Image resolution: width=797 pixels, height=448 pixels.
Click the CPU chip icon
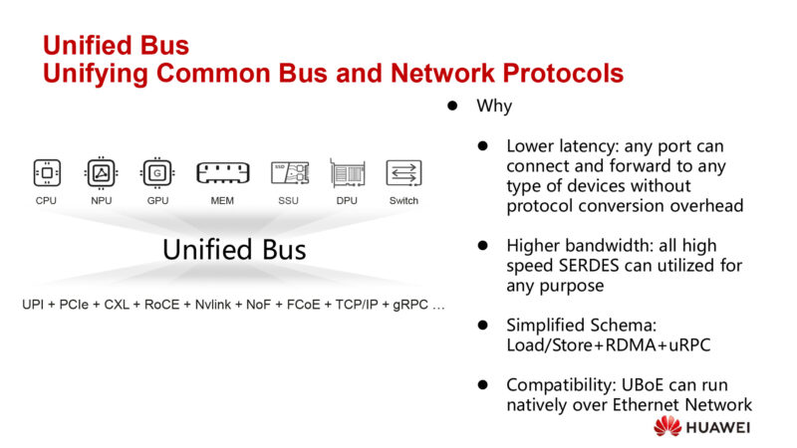pos(46,172)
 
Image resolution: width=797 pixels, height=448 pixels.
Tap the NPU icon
pos(101,172)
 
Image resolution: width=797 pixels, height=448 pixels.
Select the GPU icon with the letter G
pos(156,172)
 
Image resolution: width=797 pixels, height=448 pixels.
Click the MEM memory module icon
pos(222,172)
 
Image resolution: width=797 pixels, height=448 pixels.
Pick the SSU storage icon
pos(289,172)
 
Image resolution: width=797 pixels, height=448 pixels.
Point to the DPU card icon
pos(347,172)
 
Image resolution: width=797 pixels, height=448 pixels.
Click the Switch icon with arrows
pos(403,172)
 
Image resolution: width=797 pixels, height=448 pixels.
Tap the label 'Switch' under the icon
pos(403,201)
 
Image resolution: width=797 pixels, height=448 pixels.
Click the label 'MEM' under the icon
pos(222,201)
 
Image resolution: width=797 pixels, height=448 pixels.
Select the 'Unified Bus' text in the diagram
pos(234,249)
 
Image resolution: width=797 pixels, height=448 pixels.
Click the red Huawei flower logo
pos(667,427)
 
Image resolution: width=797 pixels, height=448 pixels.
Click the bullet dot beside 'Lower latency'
pos(481,145)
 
